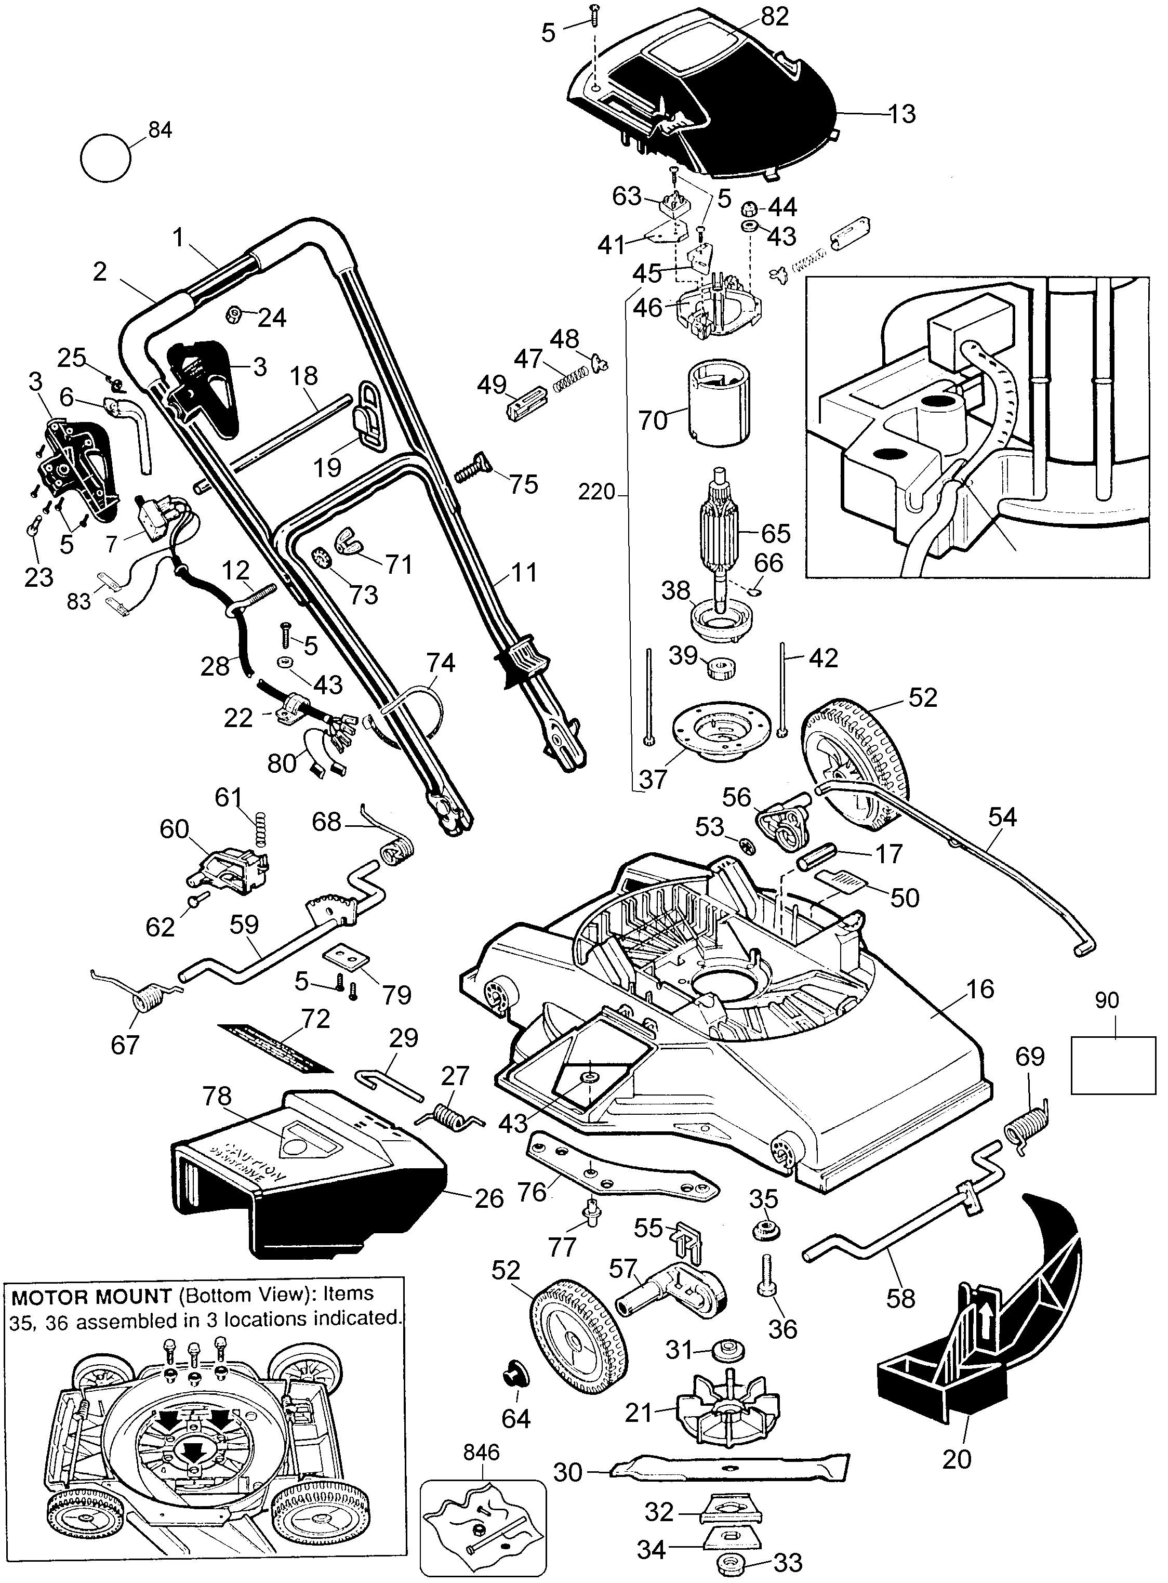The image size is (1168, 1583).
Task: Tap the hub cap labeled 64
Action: (x=513, y=1377)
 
